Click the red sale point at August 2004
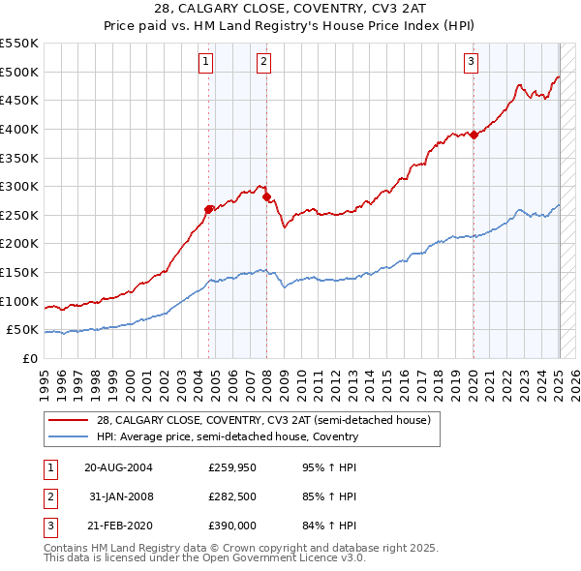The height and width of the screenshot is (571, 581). [209, 209]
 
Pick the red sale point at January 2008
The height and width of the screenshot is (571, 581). [266, 196]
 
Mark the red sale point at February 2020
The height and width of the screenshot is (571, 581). [474, 135]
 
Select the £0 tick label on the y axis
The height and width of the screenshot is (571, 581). [30, 358]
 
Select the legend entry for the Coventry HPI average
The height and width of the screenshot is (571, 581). [228, 436]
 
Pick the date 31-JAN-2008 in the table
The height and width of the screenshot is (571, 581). [122, 496]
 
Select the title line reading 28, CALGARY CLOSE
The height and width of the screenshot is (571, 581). [290, 12]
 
